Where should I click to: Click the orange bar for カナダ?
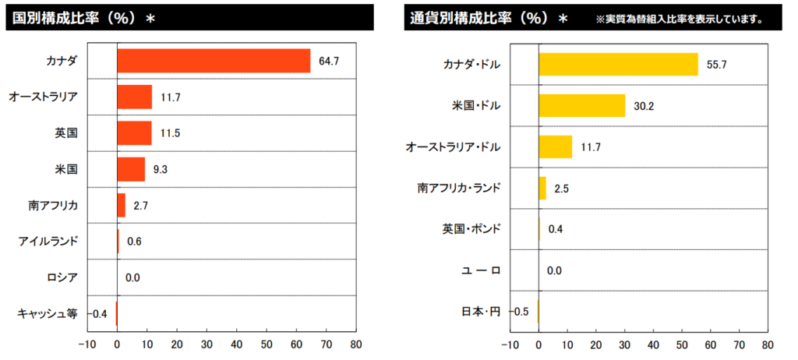pos(214,61)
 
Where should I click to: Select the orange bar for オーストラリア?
pos(134,97)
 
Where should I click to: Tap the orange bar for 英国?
pos(134,133)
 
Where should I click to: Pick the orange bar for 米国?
pos(131,169)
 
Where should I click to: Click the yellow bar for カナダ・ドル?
pos(618,64)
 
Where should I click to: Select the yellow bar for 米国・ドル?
pos(581,105)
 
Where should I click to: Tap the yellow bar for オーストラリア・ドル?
pos(555,146)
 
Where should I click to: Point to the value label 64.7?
pos(329,61)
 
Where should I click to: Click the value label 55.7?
pos(716,64)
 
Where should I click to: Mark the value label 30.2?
pos(644,105)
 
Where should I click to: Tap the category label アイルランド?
pos(48,242)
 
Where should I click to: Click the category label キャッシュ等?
pos(48,313)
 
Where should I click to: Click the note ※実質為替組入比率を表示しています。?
pos(678,18)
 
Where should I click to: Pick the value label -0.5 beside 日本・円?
pos(520,312)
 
